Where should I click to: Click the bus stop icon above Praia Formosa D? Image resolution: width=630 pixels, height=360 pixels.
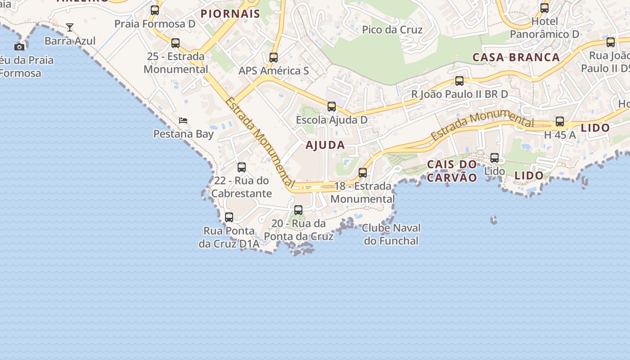click(155, 10)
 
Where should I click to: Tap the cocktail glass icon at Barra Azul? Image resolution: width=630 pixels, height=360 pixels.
click(70, 27)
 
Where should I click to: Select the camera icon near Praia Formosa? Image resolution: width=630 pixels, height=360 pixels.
click(19, 47)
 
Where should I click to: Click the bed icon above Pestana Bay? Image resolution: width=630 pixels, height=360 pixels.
click(183, 120)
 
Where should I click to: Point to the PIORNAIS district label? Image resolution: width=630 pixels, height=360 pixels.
click(230, 13)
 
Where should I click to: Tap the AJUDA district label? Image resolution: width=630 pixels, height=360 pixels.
click(325, 145)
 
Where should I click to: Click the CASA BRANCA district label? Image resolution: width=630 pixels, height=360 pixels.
click(516, 57)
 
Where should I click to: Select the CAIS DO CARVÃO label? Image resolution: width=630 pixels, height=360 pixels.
click(451, 171)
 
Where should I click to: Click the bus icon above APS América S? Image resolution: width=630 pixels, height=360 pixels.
click(274, 58)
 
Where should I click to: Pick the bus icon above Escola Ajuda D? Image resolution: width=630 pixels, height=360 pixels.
click(332, 107)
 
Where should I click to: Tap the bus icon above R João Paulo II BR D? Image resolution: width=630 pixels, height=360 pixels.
click(459, 81)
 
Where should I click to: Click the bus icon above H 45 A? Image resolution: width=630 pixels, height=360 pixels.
click(560, 121)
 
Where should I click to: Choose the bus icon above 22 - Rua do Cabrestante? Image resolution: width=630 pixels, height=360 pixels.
click(242, 167)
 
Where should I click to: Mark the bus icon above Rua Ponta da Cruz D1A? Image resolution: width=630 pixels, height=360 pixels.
click(229, 217)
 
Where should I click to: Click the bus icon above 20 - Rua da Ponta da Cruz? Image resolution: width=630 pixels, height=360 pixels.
click(298, 210)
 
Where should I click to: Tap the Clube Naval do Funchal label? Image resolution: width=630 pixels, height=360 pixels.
click(391, 234)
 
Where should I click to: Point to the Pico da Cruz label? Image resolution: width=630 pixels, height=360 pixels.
click(392, 30)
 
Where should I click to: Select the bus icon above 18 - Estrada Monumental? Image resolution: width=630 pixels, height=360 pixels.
click(363, 173)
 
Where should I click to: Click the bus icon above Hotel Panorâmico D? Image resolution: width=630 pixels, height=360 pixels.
click(544, 8)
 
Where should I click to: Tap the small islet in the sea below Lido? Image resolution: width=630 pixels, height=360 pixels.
click(494, 220)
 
